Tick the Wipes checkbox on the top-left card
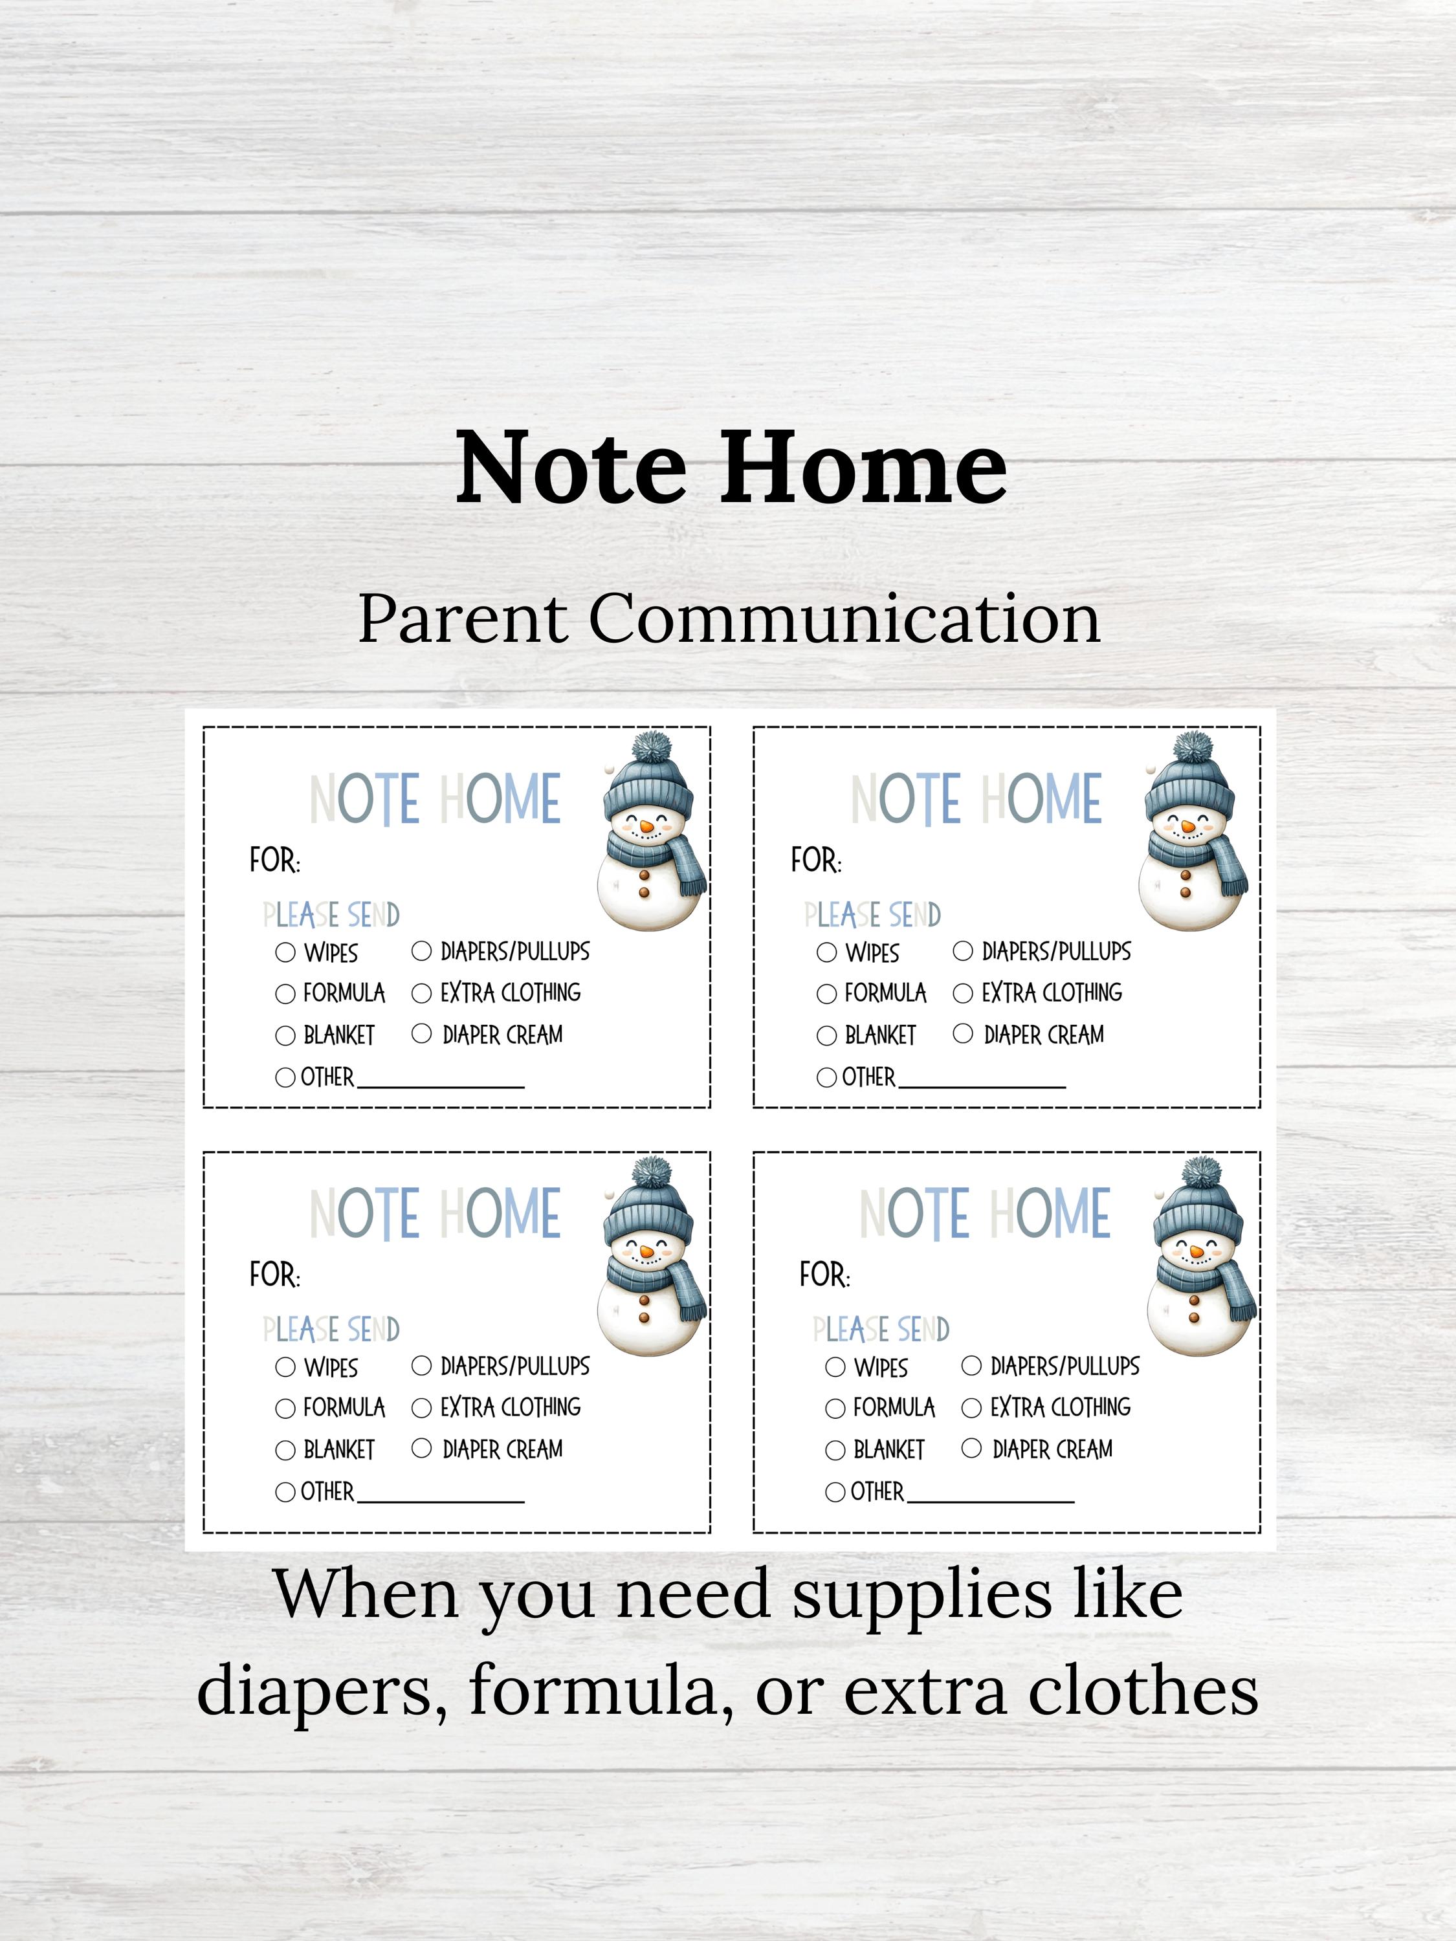click(x=285, y=952)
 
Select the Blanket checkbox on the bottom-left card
click(x=285, y=1450)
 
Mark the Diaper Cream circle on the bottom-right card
click(x=971, y=1448)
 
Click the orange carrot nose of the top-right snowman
click(x=1187, y=826)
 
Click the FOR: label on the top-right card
click(x=815, y=861)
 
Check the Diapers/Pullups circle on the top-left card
click(x=422, y=950)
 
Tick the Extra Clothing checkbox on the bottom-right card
click(x=971, y=1407)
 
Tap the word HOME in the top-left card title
click(x=500, y=798)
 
